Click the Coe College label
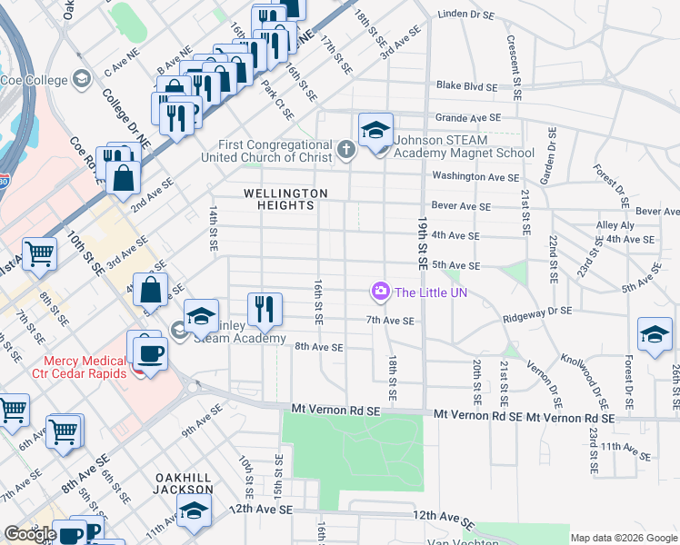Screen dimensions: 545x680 (x=36, y=80)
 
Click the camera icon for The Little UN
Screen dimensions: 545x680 (x=380, y=292)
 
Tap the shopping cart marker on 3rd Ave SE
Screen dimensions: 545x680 (x=40, y=254)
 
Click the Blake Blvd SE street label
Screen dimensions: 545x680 (x=466, y=85)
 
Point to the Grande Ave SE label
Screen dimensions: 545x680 (x=467, y=118)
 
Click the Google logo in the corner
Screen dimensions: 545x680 (x=30, y=534)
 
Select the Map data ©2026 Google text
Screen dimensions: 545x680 (x=624, y=538)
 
